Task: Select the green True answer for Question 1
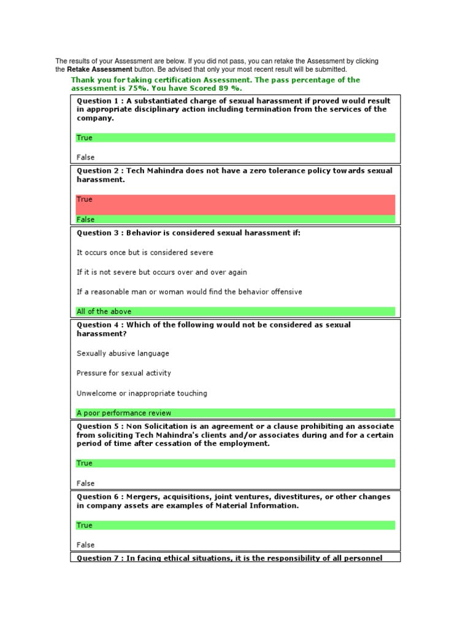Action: (x=85, y=137)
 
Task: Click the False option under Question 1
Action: (x=86, y=157)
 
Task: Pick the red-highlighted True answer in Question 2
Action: (x=85, y=199)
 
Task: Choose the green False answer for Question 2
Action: (x=86, y=220)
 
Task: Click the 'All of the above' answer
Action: (x=104, y=312)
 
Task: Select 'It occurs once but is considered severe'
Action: (x=145, y=252)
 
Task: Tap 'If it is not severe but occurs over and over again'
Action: (x=162, y=272)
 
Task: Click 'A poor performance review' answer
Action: (x=124, y=413)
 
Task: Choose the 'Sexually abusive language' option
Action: (x=123, y=353)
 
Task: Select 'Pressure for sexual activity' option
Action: (x=124, y=373)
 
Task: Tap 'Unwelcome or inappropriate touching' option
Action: (x=142, y=393)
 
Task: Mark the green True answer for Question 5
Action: (x=85, y=463)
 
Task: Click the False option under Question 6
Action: (x=86, y=545)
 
